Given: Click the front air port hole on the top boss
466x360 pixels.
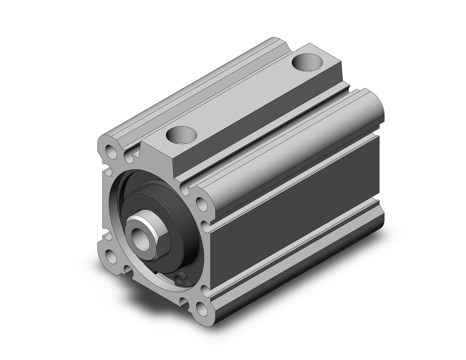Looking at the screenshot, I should click(x=182, y=136).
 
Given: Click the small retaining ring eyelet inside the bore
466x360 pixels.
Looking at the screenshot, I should click(x=179, y=279).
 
